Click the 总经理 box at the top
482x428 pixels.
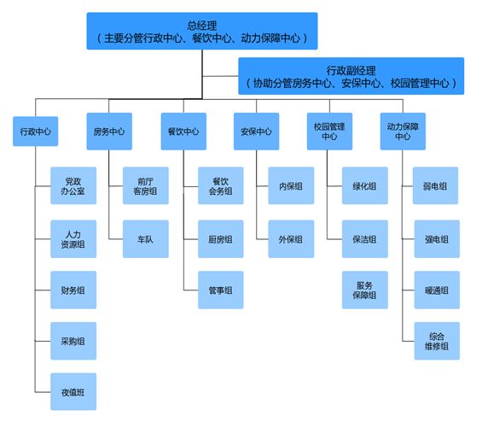pyautogui.click(x=202, y=31)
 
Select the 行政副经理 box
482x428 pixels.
pyautogui.click(x=351, y=76)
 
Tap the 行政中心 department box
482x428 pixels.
pyautogui.click(x=35, y=132)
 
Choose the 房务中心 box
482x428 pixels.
pyautogui.click(x=109, y=132)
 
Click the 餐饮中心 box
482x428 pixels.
pyautogui.click(x=183, y=132)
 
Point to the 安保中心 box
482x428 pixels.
pyautogui.click(x=257, y=132)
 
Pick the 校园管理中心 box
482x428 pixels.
pyautogui.click(x=329, y=132)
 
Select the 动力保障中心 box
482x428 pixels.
pyautogui.click(x=403, y=132)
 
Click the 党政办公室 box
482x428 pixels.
pyautogui.click(x=73, y=185)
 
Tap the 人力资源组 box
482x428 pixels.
pyautogui.click(x=73, y=239)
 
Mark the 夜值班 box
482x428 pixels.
pyautogui.click(x=73, y=391)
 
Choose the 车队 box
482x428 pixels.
pyautogui.click(x=146, y=239)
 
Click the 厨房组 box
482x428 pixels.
pyautogui.click(x=221, y=239)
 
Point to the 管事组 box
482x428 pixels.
pyautogui.click(x=221, y=290)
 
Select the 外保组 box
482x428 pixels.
pyautogui.click(x=291, y=239)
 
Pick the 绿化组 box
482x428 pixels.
pyautogui.click(x=365, y=185)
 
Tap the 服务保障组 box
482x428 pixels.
pyautogui.click(x=365, y=290)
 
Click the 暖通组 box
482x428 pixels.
pyautogui.click(x=437, y=290)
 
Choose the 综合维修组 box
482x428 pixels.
pyautogui.click(x=437, y=341)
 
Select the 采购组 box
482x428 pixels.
pyautogui.click(x=73, y=341)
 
